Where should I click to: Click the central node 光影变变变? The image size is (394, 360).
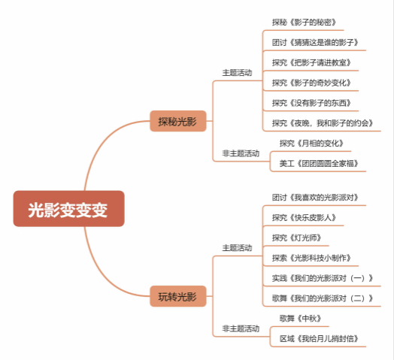(x=69, y=208)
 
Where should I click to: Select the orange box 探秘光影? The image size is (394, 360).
(x=178, y=121)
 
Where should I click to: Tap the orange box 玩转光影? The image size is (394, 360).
(x=178, y=296)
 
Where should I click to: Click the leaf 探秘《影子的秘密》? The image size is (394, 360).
(x=304, y=23)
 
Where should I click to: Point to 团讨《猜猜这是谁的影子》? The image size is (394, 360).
(x=315, y=42)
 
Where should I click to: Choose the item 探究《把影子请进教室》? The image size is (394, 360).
(x=311, y=62)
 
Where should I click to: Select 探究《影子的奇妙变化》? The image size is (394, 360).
(x=311, y=83)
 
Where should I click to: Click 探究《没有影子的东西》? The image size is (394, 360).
(x=311, y=103)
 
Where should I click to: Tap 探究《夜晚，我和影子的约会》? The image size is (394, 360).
(x=323, y=123)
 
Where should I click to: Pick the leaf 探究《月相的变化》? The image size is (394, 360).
(x=311, y=144)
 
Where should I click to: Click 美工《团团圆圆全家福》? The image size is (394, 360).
(x=319, y=164)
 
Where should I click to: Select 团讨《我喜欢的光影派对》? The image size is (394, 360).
(x=315, y=198)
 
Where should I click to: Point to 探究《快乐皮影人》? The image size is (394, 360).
(x=304, y=217)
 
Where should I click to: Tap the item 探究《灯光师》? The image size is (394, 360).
(x=297, y=237)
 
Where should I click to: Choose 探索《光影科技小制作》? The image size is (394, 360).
(x=311, y=258)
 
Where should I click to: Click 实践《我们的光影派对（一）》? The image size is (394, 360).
(x=323, y=278)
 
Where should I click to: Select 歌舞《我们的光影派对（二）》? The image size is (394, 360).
(x=323, y=298)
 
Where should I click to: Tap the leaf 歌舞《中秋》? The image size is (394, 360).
(x=300, y=319)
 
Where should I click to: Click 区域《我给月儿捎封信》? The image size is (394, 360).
(x=319, y=339)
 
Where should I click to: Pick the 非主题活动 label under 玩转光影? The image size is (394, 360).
(x=241, y=328)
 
